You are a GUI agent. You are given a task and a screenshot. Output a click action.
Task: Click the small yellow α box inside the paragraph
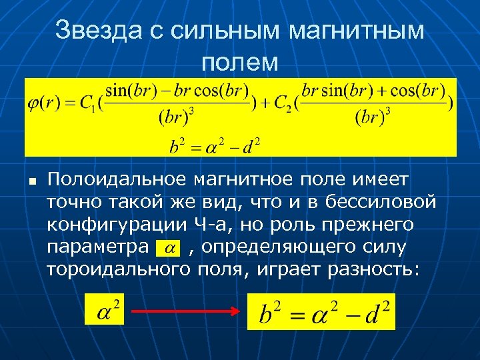click(x=169, y=248)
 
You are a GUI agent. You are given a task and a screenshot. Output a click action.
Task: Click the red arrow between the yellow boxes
click(x=184, y=311)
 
